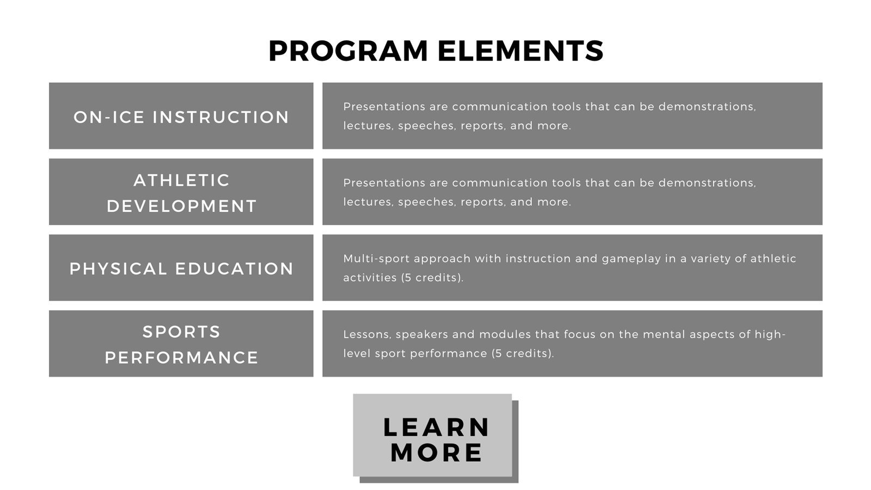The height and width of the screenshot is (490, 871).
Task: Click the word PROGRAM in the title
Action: (348, 51)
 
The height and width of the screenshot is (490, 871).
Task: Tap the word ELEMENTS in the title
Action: (520, 51)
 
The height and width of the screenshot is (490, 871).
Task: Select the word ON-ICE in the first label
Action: (109, 117)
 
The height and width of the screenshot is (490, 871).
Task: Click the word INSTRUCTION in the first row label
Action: (220, 117)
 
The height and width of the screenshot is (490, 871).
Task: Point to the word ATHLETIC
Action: (182, 180)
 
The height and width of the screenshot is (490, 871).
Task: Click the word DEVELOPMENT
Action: (182, 206)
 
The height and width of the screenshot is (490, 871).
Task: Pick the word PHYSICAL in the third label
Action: (118, 269)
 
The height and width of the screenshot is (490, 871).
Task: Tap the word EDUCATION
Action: (234, 269)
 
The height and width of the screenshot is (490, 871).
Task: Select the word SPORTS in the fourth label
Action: (182, 332)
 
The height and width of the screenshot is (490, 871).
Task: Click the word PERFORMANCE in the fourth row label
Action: (182, 358)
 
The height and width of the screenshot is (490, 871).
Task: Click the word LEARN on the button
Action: (436, 427)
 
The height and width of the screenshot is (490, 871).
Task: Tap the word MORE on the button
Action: (436, 452)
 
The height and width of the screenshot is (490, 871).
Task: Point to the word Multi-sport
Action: (376, 259)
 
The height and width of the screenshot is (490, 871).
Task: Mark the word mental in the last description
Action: (664, 334)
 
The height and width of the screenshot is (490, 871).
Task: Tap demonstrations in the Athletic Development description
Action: (707, 183)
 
